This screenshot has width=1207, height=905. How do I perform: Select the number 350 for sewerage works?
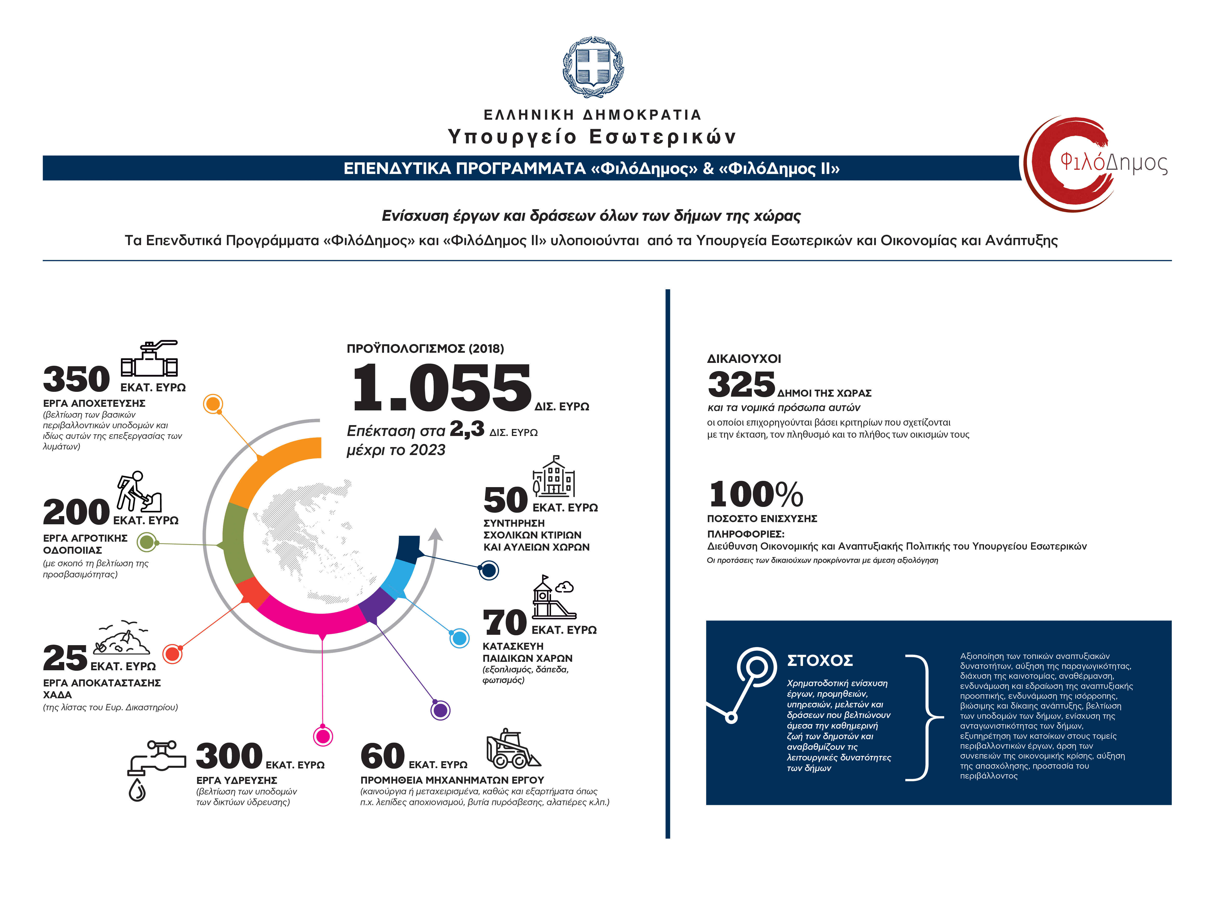(77, 379)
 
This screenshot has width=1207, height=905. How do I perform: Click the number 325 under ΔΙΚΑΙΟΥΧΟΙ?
(741, 385)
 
